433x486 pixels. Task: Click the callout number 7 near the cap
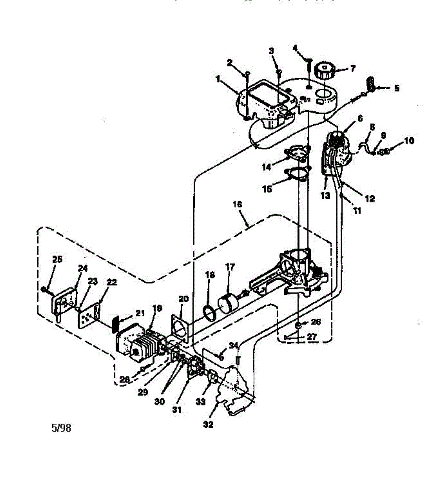352,68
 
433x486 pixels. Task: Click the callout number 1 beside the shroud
218,79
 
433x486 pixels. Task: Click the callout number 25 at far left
58,259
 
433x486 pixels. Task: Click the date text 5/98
61,428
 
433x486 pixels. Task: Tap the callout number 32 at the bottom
208,424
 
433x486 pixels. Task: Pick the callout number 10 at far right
409,141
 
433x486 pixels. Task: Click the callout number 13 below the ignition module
325,195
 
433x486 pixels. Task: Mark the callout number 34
233,345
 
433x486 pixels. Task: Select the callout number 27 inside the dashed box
311,336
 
